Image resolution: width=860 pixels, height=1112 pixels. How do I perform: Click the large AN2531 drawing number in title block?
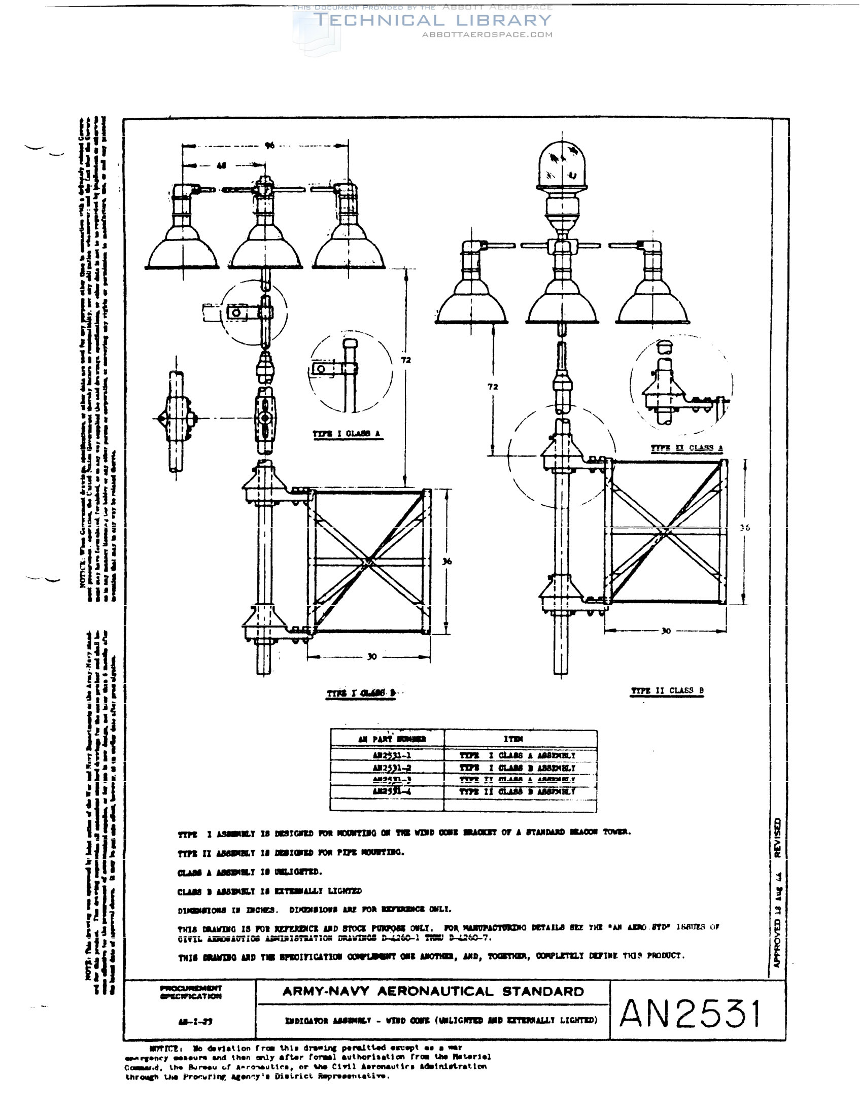(691, 1013)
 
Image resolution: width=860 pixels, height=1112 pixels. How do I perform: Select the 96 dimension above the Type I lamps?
(269, 146)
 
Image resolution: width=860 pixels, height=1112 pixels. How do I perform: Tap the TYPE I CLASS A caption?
(346, 434)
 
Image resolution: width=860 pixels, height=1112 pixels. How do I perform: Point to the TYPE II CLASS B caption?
(667, 691)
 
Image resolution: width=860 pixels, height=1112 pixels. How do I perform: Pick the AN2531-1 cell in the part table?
(391, 755)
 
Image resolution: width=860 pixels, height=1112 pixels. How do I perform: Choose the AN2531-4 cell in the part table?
(391, 792)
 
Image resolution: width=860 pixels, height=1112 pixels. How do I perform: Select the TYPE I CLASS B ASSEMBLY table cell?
(518, 768)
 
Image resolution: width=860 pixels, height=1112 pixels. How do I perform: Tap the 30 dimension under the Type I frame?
(372, 657)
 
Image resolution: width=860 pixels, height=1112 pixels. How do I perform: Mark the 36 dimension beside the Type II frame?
(745, 528)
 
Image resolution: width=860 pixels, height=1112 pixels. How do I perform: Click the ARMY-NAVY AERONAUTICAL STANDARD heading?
(433, 991)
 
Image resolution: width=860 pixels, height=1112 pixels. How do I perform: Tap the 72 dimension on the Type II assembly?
(493, 387)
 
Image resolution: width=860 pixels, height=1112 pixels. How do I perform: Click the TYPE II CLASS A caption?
(687, 448)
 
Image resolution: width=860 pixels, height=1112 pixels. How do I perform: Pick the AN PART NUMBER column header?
(392, 739)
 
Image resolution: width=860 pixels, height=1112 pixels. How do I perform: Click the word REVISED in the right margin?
(777, 838)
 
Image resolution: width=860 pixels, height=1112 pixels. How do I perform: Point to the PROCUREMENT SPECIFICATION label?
(190, 992)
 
